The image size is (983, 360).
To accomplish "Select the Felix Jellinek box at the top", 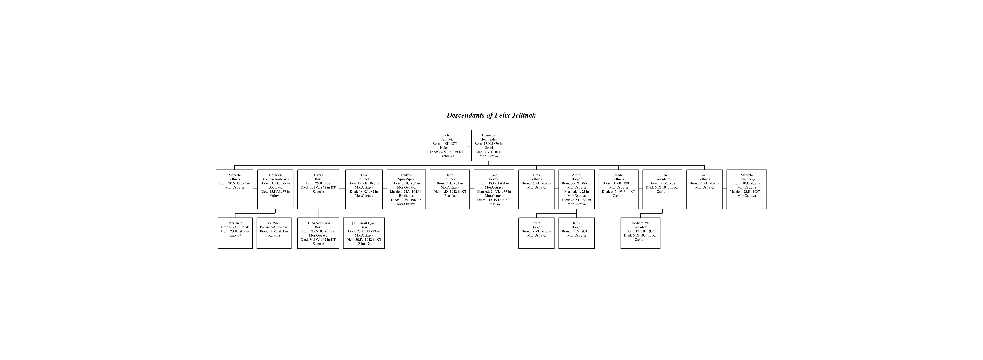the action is coord(447,145).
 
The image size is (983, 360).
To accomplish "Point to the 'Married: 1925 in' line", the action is coord(577,192).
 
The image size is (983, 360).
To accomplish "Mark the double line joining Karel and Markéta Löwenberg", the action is coord(725,189).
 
